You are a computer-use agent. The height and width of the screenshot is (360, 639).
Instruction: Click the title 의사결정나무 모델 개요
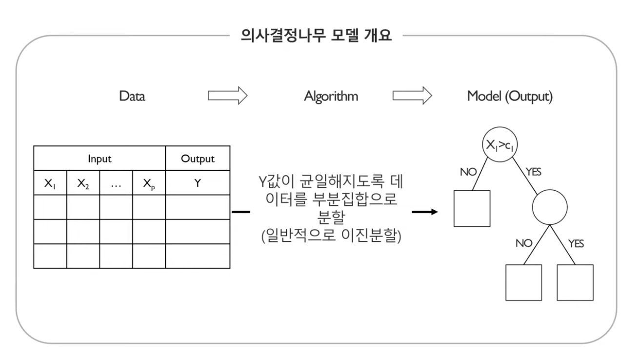click(x=316, y=36)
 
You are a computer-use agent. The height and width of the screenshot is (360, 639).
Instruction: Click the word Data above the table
click(x=132, y=96)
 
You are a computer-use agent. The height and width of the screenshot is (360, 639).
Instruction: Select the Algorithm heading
click(x=331, y=97)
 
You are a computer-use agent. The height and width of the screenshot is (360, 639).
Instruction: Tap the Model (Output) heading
click(x=510, y=97)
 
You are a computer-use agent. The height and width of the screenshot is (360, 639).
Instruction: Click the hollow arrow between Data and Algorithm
click(x=228, y=96)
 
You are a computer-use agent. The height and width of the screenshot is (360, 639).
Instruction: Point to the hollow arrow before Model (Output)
click(x=412, y=96)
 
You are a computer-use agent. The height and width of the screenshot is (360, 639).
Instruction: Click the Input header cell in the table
click(x=100, y=159)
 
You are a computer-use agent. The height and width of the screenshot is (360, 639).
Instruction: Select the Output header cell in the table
click(x=198, y=159)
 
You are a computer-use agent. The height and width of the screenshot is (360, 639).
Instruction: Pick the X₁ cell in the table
click(x=50, y=183)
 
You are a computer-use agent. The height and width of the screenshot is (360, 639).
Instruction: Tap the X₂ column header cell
click(x=83, y=183)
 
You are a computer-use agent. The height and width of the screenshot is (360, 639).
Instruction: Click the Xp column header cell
click(x=149, y=183)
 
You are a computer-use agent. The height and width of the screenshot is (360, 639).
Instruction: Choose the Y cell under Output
click(x=198, y=183)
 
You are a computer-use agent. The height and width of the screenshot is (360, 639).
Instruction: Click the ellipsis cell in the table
click(x=116, y=183)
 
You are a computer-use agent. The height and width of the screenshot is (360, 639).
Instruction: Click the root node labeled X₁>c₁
click(x=499, y=144)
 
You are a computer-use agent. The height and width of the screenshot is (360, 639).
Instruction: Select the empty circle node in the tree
click(x=550, y=207)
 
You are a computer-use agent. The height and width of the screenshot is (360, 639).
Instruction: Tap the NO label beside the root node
click(x=468, y=172)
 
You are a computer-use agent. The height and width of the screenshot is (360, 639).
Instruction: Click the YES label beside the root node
click(x=534, y=172)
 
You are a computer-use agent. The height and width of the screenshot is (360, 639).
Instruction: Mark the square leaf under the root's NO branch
click(x=472, y=208)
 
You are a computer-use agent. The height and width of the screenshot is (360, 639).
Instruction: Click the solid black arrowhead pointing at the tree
click(x=434, y=212)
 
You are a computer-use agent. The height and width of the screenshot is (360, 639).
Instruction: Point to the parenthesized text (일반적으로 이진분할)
click(x=331, y=235)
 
